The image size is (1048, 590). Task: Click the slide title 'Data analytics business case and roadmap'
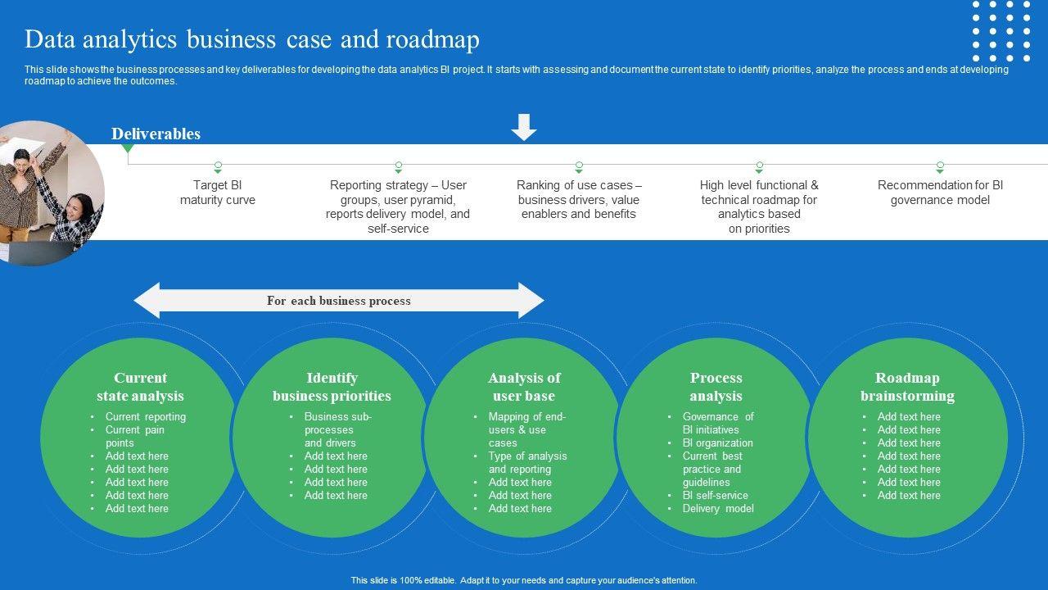pos(252,39)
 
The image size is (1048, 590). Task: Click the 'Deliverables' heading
pos(156,134)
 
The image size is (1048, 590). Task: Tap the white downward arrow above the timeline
pos(524,127)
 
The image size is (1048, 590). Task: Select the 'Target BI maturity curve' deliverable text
pos(218,193)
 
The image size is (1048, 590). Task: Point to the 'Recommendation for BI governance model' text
pos(940,193)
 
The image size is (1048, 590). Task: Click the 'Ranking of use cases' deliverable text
pos(579,199)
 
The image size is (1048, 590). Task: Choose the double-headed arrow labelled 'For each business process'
pos(339,301)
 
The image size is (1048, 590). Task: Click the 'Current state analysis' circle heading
pos(140,387)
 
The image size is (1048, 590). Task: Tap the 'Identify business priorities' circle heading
pos(332,387)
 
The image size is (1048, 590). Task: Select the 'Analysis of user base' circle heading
pos(524,387)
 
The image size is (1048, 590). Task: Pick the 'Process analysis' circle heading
pos(716,387)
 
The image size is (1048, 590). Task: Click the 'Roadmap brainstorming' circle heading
pos(907,387)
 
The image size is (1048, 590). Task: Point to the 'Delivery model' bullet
pos(718,508)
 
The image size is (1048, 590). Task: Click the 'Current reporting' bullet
pos(146,416)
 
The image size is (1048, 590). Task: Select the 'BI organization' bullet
pos(718,442)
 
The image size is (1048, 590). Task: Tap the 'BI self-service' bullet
pos(716,495)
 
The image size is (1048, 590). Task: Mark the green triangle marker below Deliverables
pos(128,148)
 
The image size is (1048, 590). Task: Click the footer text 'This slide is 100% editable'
pos(524,580)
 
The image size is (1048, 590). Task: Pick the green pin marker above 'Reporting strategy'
pos(399,166)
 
